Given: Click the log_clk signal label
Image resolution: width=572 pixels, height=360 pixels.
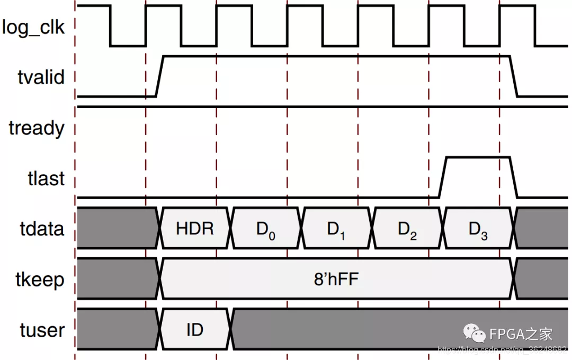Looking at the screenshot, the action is click(x=33, y=27).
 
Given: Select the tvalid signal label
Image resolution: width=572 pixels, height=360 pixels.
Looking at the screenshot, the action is click(x=40, y=77).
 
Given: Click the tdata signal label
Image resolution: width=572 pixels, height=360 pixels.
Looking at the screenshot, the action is click(x=42, y=229).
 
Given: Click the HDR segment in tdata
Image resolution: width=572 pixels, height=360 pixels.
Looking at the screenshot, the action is click(x=195, y=229).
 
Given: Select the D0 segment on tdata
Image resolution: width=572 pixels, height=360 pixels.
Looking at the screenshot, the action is click(x=266, y=229).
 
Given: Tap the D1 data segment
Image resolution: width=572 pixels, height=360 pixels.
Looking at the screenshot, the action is click(x=336, y=229).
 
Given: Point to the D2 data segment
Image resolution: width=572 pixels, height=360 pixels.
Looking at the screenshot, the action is click(x=407, y=229).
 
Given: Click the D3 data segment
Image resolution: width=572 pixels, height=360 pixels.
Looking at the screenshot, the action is click(x=478, y=229).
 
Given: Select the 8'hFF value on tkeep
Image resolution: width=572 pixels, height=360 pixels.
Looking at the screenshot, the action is click(x=336, y=279).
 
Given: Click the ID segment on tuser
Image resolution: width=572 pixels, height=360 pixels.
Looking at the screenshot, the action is click(x=195, y=330).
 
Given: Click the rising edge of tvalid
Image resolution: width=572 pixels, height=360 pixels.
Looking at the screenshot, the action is click(x=160, y=76).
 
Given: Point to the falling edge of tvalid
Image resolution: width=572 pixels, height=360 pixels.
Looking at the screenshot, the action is click(x=514, y=76).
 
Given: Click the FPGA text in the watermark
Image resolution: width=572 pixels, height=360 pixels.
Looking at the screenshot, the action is click(x=507, y=334).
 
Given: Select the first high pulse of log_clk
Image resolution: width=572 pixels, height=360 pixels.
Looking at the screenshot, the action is click(x=93, y=6).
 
